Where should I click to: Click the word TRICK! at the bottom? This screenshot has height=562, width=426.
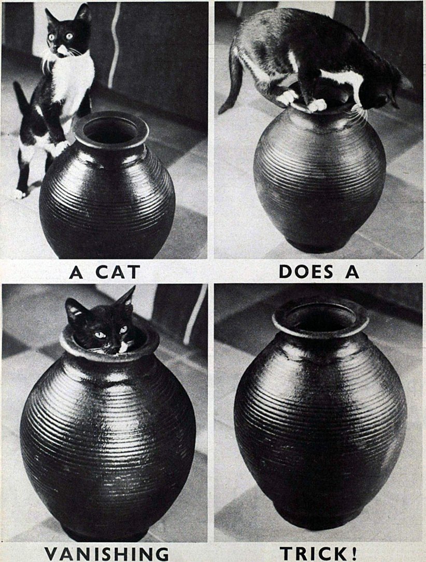pos(319,553)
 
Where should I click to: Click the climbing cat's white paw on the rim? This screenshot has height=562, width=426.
pos(317,105)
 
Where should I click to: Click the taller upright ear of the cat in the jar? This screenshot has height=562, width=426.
pos(125,298)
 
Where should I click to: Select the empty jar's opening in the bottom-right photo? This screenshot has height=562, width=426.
pos(320,315)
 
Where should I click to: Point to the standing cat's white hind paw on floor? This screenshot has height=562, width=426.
pos(20,194)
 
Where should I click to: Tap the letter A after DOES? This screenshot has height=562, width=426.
pos(352,271)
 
